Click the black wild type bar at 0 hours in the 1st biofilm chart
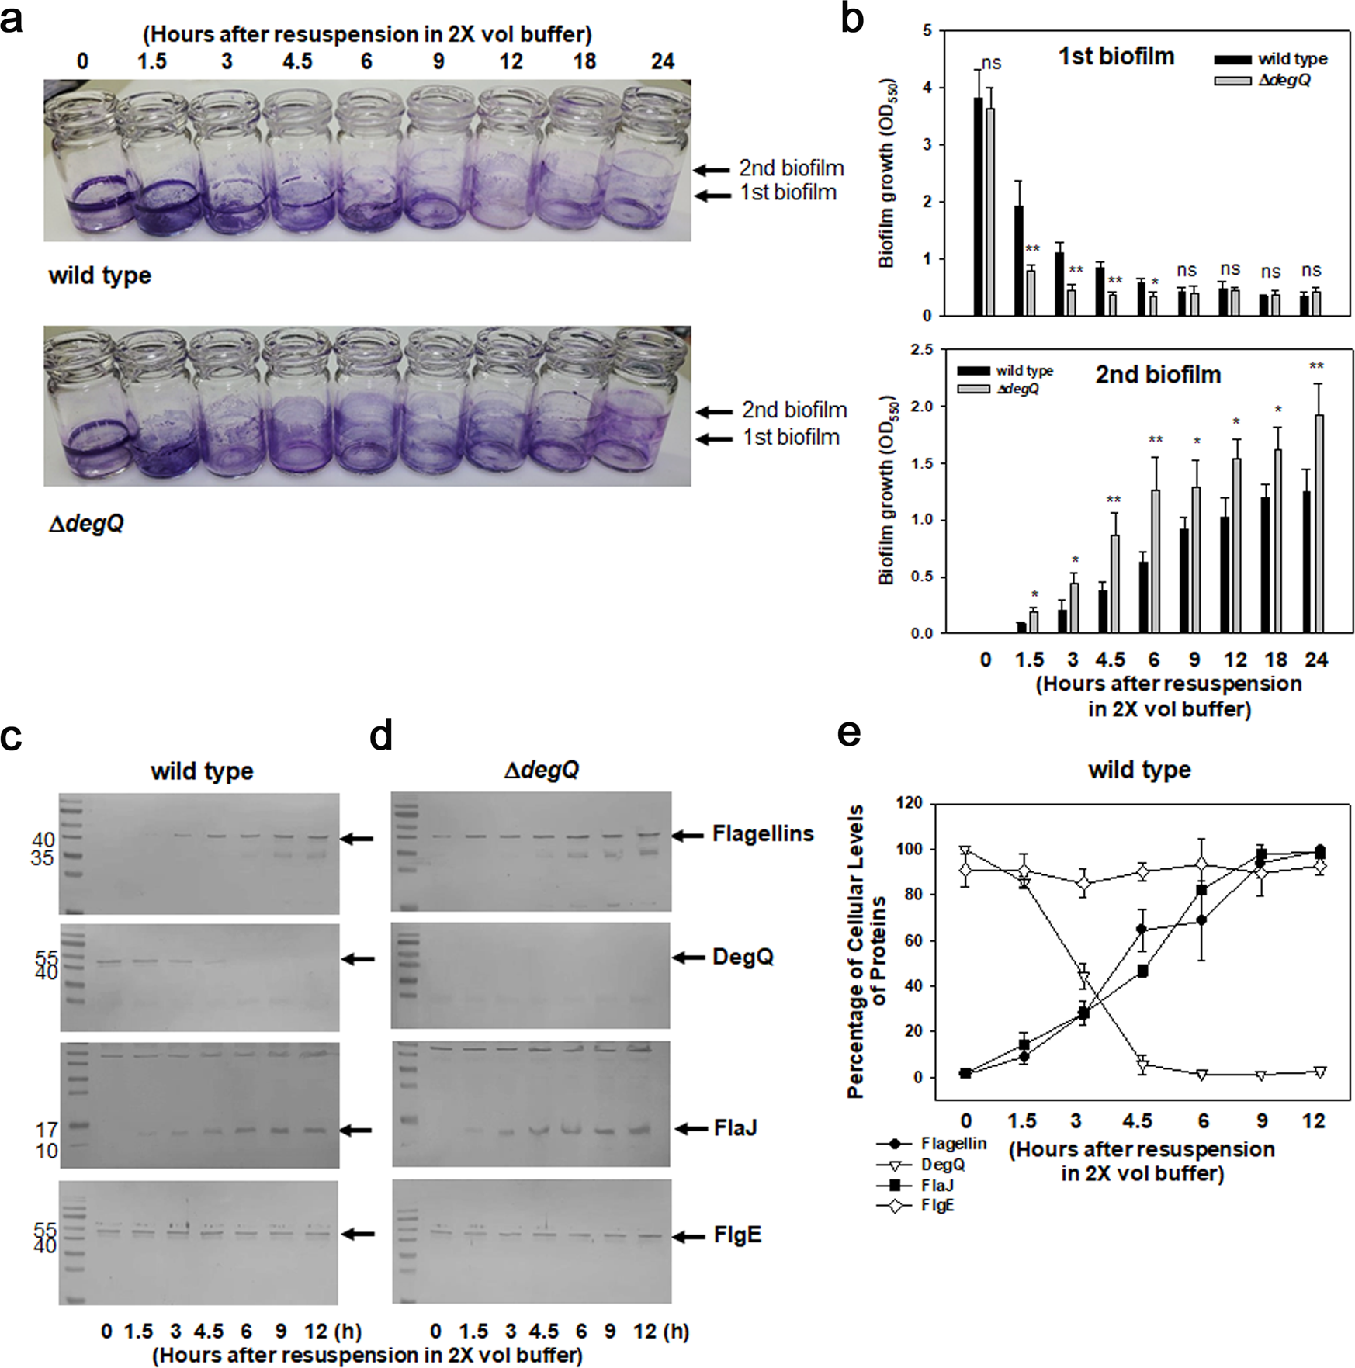(979, 206)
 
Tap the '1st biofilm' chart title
(1116, 57)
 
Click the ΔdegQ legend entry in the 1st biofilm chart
(1284, 80)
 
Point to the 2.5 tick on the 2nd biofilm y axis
(922, 350)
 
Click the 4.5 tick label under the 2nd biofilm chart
(1110, 660)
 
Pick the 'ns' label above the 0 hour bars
(991, 63)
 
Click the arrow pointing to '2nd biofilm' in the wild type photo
(712, 169)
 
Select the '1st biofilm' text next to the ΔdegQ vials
(791, 438)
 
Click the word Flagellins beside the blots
(763, 834)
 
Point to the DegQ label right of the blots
(743, 957)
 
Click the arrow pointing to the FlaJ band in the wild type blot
(358, 1131)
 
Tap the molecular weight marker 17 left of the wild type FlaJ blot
(47, 1130)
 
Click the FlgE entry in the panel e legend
(937, 1206)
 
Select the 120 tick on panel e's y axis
(909, 803)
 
